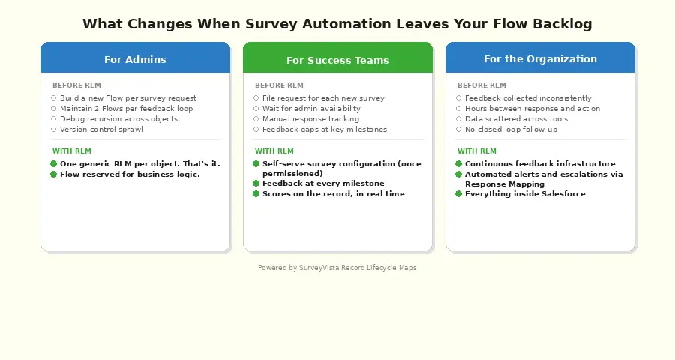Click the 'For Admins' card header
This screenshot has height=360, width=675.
135,59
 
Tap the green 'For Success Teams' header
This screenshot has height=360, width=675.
337,60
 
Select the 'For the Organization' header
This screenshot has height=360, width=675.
540,58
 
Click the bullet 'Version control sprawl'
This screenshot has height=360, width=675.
101,130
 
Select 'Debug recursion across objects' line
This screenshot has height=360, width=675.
118,119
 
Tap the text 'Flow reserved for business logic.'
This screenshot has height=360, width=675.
130,175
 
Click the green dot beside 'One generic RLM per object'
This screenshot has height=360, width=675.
54,164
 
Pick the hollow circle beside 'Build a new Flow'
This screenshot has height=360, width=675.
54,98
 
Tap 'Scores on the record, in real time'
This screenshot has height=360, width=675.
333,194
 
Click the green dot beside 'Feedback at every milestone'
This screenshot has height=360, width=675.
256,184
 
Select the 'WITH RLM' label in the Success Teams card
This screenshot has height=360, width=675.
274,151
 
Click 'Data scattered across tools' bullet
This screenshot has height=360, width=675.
516,119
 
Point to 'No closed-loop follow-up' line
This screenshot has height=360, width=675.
511,130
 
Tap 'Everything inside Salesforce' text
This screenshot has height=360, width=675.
525,194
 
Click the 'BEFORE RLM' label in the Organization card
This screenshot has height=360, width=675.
481,85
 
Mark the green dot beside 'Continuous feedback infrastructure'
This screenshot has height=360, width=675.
459,164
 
